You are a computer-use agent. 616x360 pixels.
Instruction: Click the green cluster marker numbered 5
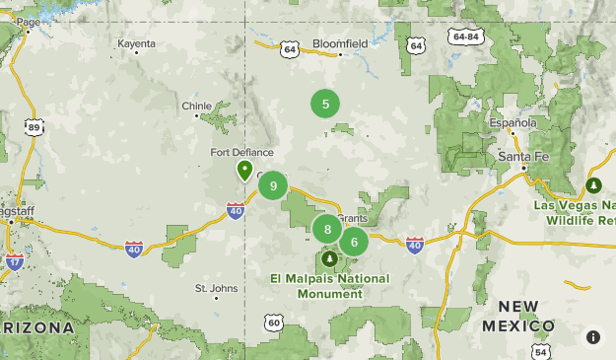click(325, 103)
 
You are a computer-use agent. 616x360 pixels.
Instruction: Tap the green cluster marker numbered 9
click(273, 184)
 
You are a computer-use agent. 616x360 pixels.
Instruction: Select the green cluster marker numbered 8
click(327, 230)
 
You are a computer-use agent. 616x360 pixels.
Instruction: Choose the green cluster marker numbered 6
click(354, 242)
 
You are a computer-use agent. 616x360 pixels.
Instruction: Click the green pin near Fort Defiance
click(244, 171)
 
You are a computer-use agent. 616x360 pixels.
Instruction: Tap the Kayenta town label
click(136, 44)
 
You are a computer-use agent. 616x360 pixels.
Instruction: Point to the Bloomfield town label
click(340, 44)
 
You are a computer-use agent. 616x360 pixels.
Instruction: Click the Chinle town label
click(196, 107)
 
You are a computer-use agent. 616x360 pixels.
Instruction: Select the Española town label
click(513, 123)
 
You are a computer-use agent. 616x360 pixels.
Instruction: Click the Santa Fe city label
click(522, 156)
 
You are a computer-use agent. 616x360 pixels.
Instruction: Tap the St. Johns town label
click(216, 289)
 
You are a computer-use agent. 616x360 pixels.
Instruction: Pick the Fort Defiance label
click(235, 152)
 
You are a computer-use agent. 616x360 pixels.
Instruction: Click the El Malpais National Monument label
click(329, 286)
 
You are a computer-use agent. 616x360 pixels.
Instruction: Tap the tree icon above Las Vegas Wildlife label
click(593, 184)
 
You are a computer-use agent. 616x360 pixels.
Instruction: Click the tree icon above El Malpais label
click(328, 258)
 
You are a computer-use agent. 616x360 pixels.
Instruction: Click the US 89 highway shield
click(34, 127)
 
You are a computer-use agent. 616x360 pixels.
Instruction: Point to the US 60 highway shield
click(273, 323)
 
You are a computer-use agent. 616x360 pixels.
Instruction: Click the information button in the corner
click(593, 337)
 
